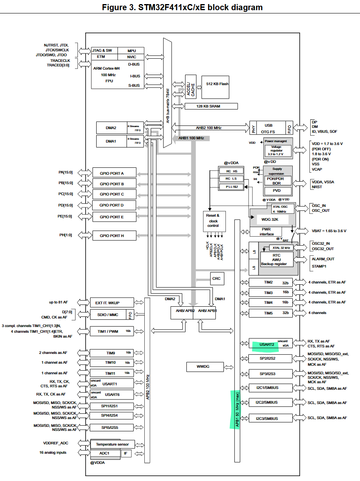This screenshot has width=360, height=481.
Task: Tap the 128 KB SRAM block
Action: tap(210, 106)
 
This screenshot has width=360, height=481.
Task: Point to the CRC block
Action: tap(216, 279)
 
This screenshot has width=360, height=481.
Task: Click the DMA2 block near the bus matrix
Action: tap(111, 128)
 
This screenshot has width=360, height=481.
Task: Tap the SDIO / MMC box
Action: tap(108, 314)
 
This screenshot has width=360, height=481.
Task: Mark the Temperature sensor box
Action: tap(112, 444)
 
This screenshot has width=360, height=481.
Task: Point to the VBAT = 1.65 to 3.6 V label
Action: tap(329, 231)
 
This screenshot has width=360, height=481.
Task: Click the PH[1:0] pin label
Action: tap(65, 235)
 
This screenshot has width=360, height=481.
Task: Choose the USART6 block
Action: tap(111, 395)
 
